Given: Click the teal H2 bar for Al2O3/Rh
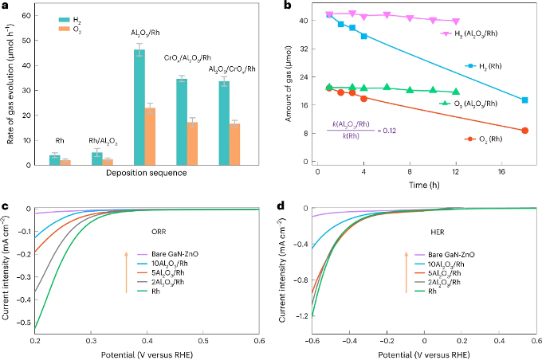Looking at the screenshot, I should click(139, 108).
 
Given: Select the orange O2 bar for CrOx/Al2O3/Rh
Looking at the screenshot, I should click(193, 143).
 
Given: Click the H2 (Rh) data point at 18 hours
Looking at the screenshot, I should click(524, 100).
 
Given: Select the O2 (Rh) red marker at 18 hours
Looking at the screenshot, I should click(524, 131).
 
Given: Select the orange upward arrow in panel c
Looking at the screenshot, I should click(126, 271).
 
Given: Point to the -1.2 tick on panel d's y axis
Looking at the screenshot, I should click(296, 316).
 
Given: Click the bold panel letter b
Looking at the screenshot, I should click(278, 6).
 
